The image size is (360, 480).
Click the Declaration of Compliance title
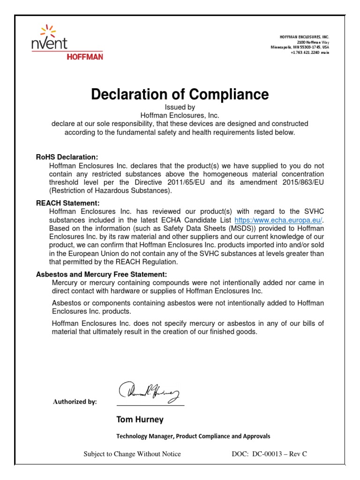(180, 95)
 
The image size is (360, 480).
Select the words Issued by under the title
(180, 107)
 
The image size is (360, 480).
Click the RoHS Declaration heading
(67, 157)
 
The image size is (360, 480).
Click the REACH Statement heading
(68, 203)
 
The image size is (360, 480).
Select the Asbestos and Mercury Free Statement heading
(101, 274)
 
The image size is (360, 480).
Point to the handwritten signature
(149, 391)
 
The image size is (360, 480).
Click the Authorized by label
(75, 402)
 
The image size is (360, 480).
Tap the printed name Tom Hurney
(140, 419)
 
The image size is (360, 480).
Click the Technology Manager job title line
(193, 436)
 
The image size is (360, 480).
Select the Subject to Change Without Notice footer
(132, 454)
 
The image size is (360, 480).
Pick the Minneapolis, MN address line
(300, 48)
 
